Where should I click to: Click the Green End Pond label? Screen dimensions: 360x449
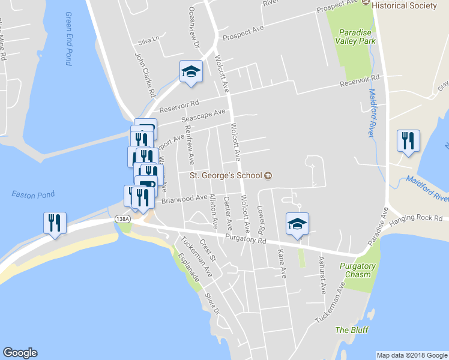pyautogui.click(x=68, y=38)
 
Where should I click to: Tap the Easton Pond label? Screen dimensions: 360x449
pyautogui.click(x=33, y=194)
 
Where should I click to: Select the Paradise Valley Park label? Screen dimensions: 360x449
pyautogui.click(x=356, y=37)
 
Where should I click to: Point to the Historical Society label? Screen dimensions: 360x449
pyautogui.click(x=403, y=5)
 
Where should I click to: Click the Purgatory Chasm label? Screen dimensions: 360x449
pyautogui.click(x=357, y=270)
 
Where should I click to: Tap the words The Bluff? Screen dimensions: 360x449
pyautogui.click(x=352, y=330)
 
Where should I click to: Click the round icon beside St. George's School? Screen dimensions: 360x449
pyautogui.click(x=268, y=176)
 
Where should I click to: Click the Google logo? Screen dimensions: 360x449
pyautogui.click(x=20, y=353)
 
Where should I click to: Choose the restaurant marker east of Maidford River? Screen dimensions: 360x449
pyautogui.click(x=408, y=141)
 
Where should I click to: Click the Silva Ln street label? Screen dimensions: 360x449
pyautogui.click(x=149, y=41)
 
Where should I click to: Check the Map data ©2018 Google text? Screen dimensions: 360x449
pyautogui.click(x=412, y=355)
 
